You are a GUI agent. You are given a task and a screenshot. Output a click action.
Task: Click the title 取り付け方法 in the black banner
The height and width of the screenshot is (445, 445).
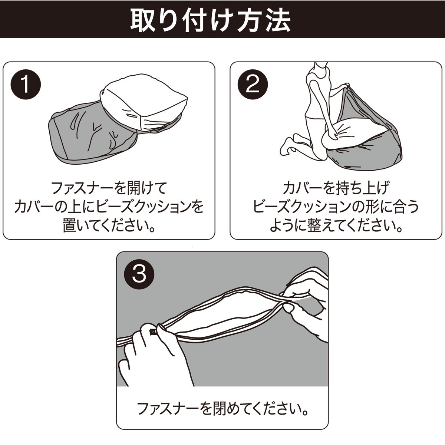coord(210,20)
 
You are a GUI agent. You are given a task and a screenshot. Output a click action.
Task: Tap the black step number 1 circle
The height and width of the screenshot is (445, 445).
coord(26,85)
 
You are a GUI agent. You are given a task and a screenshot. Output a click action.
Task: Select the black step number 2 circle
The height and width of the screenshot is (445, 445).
coord(253,85)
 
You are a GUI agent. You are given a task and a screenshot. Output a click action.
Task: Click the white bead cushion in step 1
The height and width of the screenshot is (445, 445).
coord(143,105)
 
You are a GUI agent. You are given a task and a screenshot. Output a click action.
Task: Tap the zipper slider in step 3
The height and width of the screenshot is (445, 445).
coord(153,332)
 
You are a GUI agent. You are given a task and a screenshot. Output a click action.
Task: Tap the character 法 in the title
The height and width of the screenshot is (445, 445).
coord(279,20)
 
